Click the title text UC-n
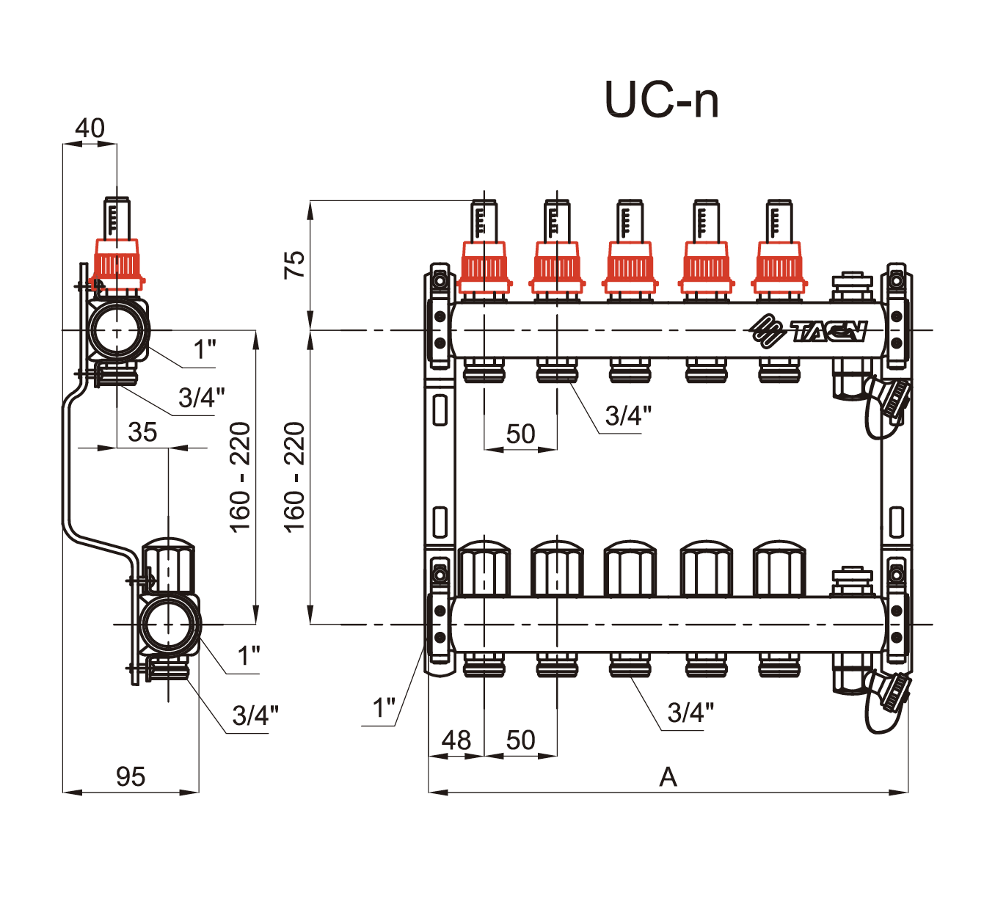click(x=661, y=100)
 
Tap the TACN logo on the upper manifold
click(x=808, y=330)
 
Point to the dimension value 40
click(x=90, y=128)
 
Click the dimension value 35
click(x=142, y=432)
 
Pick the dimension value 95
click(x=131, y=776)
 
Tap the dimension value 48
click(x=456, y=740)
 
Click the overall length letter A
click(x=668, y=776)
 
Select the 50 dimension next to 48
click(x=520, y=740)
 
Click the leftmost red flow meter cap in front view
click(x=484, y=268)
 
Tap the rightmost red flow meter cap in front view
click(x=779, y=268)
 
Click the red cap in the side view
click(x=117, y=264)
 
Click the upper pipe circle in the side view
click(x=117, y=330)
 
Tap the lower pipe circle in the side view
click(x=169, y=624)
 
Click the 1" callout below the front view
click(x=384, y=709)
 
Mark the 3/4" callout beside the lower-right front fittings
click(x=690, y=712)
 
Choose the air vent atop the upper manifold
click(x=851, y=287)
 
